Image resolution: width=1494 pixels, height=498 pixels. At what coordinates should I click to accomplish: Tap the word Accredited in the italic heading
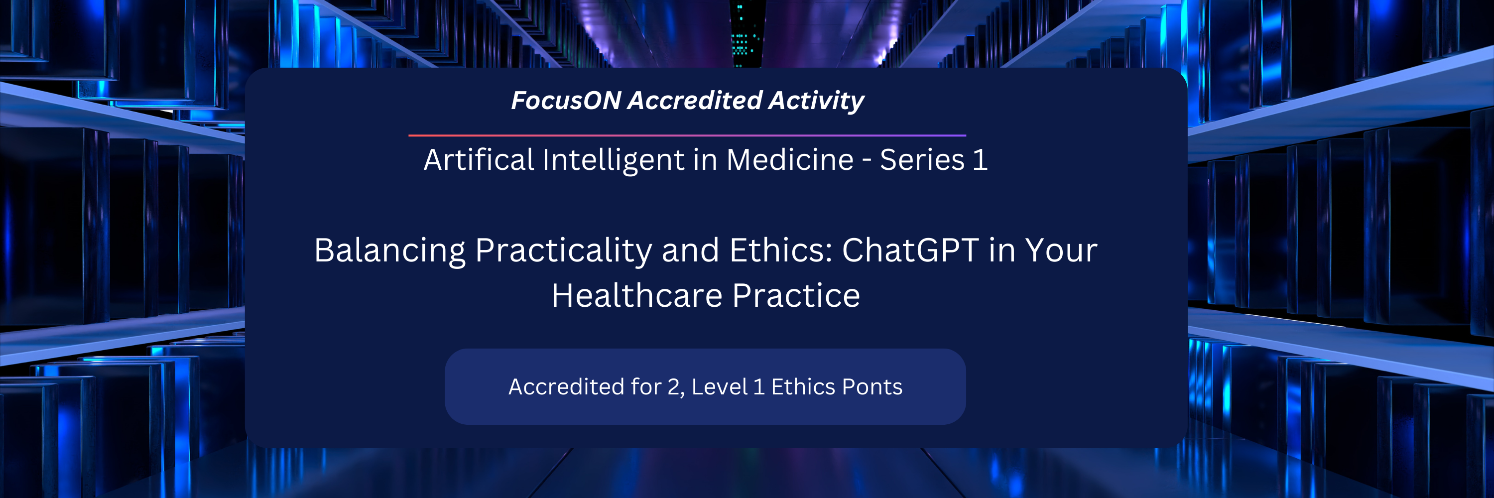click(x=695, y=100)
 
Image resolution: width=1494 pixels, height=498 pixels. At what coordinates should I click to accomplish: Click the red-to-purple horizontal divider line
click(x=687, y=135)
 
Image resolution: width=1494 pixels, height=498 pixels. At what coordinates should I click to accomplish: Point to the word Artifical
click(x=479, y=159)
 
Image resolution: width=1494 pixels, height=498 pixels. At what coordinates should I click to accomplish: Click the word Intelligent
click(x=614, y=160)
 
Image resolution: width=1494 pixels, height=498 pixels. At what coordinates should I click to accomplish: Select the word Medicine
click(x=789, y=159)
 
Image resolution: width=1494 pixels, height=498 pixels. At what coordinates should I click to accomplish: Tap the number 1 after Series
click(x=980, y=159)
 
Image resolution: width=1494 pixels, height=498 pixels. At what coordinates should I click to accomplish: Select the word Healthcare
click(x=636, y=296)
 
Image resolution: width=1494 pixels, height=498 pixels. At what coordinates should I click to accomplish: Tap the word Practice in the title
click(x=796, y=296)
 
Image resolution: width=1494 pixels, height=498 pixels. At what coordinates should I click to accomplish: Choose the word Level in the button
click(x=719, y=386)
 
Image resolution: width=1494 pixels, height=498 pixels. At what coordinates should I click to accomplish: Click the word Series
click(x=922, y=159)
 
